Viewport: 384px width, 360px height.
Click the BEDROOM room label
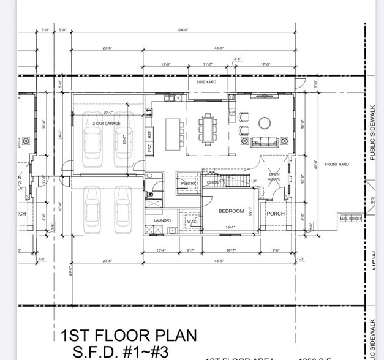coord(232,211)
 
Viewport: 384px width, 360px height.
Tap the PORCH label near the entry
coord(276,214)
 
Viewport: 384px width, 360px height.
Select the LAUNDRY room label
coord(162,220)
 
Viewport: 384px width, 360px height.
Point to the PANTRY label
coord(188,182)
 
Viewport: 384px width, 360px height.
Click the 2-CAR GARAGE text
coord(107,124)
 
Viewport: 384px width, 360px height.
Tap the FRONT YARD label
coord(337,164)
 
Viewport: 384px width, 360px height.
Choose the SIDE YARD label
coord(205,82)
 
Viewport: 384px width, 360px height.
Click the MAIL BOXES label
coord(350,219)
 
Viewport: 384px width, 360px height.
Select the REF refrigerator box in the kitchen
coord(149,133)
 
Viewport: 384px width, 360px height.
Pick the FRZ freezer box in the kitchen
coord(149,148)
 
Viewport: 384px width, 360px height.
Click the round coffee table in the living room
coord(265,123)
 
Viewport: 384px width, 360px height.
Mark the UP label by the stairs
coord(254,181)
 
